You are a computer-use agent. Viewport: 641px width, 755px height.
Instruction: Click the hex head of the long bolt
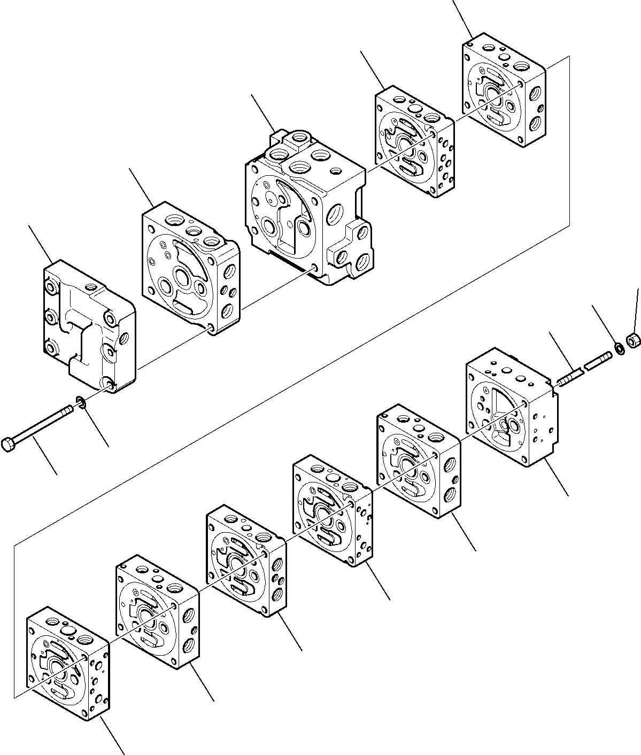pyautogui.click(x=9, y=445)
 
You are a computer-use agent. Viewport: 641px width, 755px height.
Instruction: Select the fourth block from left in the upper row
pyautogui.click(x=414, y=142)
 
